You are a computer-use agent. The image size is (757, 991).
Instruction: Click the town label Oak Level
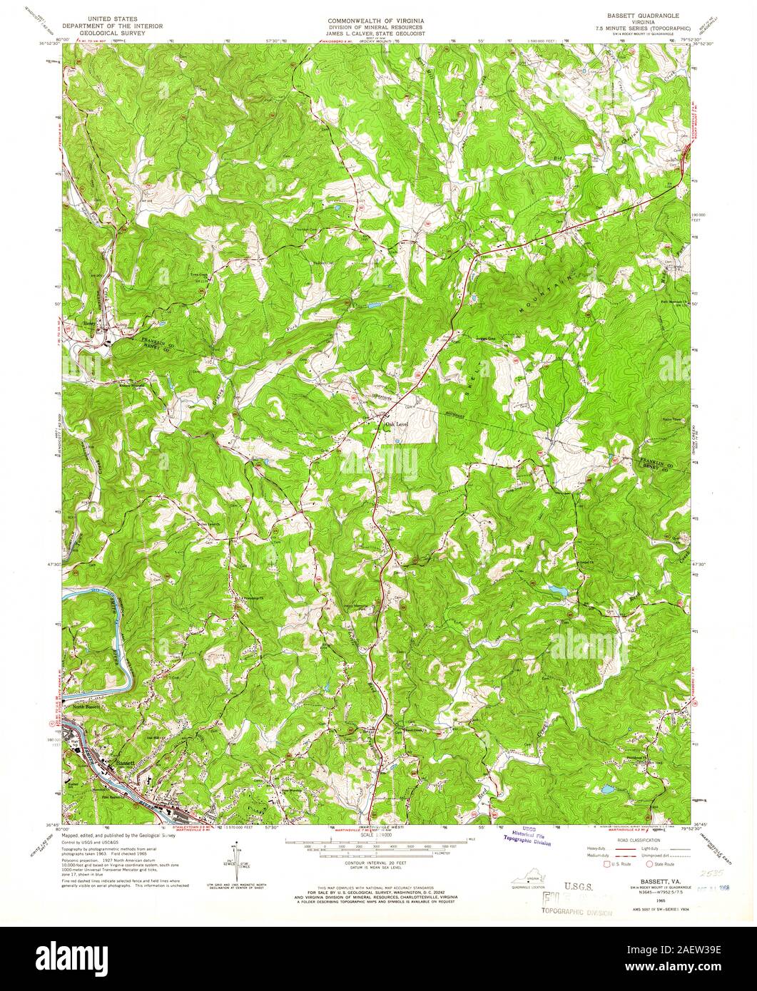click(396, 425)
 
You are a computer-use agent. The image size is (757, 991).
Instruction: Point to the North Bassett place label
click(89, 707)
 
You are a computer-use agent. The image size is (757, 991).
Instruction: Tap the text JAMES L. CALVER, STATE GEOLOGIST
click(378, 34)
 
